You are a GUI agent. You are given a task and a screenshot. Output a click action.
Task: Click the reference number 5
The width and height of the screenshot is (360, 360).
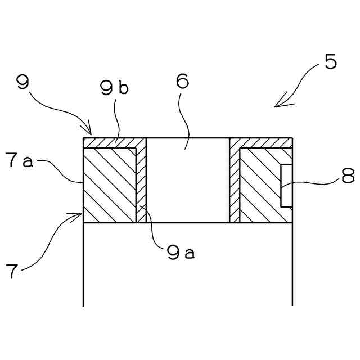click(331, 61)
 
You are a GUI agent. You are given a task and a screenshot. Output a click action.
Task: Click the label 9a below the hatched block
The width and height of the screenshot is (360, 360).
click(180, 253)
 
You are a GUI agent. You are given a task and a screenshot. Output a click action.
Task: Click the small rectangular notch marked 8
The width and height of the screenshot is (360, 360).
click(286, 186)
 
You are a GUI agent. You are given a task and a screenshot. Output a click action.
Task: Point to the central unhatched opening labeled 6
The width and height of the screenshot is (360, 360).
click(188, 180)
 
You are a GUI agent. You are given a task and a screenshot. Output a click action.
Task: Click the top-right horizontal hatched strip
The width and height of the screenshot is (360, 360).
click(262, 142)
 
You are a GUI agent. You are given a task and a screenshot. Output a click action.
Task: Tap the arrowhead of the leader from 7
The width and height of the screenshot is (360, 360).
click(79, 214)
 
